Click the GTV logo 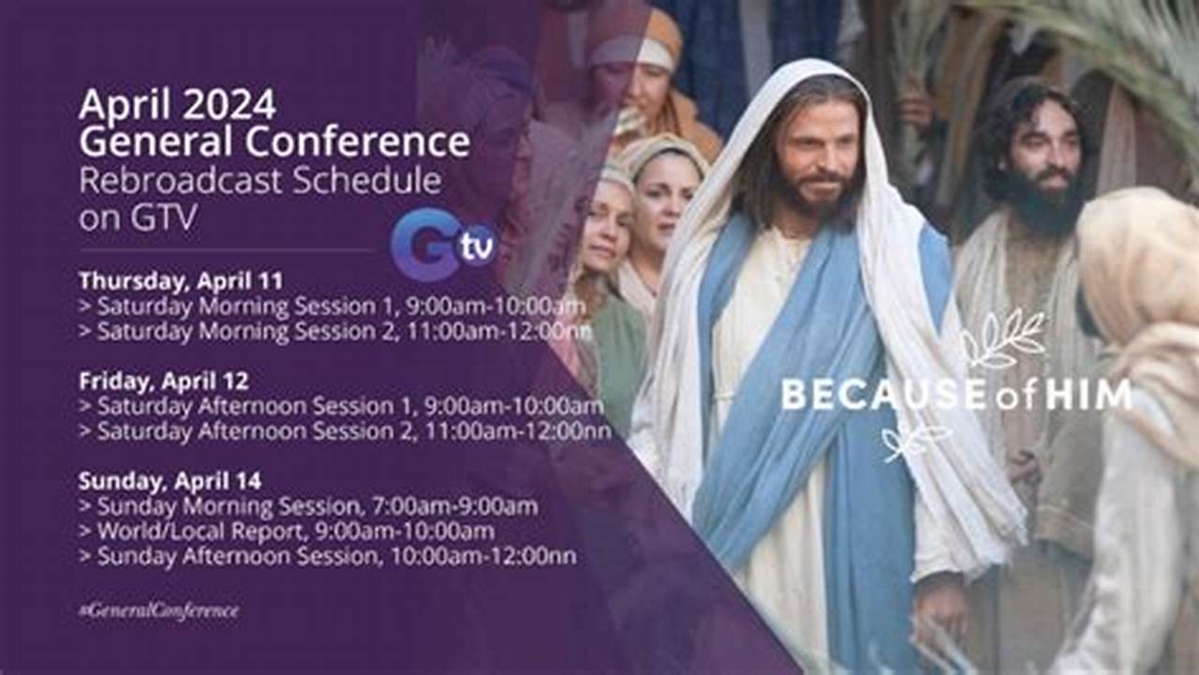pos(443,245)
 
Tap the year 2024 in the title pos(230,104)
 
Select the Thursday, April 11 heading pos(181,280)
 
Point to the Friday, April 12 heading pos(163,381)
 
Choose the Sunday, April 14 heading pos(170,481)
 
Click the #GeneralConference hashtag pos(158,610)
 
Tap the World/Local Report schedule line pos(295,532)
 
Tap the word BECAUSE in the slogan pos(869,395)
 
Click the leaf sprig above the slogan pos(1003,339)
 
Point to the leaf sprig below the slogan pos(914,441)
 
